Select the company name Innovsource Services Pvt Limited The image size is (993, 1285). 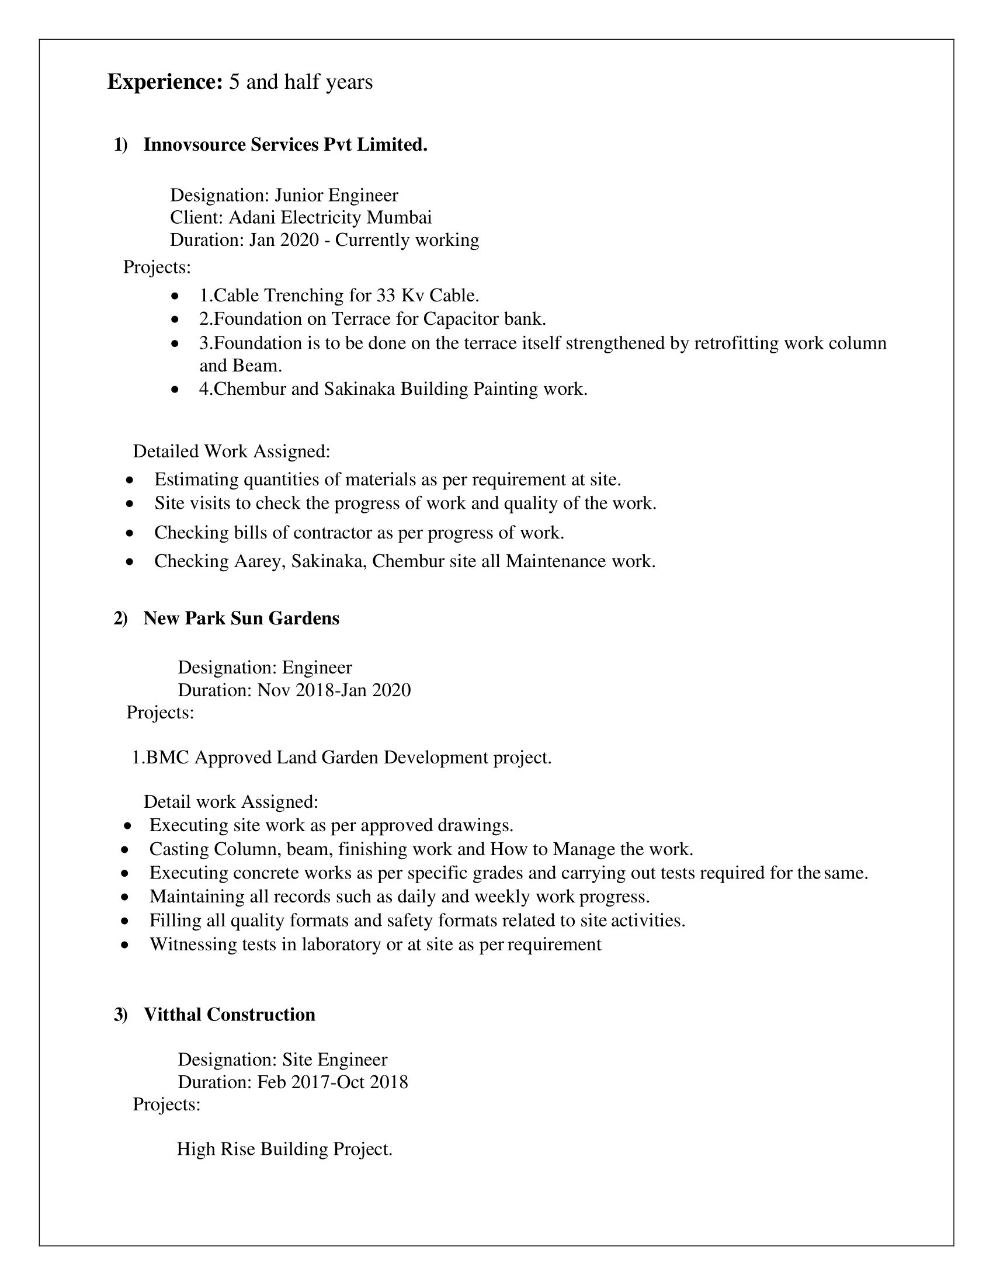tap(284, 145)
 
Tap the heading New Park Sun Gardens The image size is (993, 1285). tap(241, 619)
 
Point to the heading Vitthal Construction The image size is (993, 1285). tap(230, 1015)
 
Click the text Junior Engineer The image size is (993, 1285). tap(336, 195)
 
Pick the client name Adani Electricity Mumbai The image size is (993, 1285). tap(330, 218)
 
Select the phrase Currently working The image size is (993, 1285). tap(407, 240)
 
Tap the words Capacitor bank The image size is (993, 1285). tap(485, 319)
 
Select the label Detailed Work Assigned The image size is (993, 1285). tap(231, 452)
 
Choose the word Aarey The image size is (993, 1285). tap(259, 561)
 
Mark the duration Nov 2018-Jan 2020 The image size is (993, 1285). tap(334, 690)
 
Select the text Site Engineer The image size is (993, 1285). tap(335, 1060)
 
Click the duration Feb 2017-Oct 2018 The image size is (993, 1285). tap(332, 1082)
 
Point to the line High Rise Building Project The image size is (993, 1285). tap(284, 1148)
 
